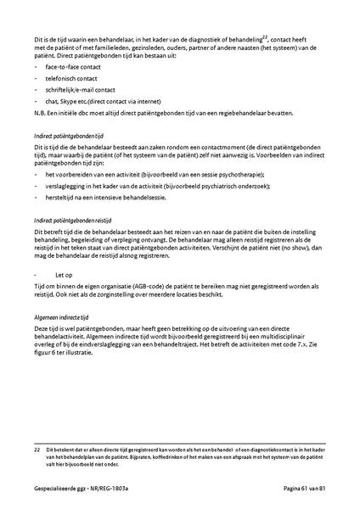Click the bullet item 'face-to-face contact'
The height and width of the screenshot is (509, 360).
coord(75,64)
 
